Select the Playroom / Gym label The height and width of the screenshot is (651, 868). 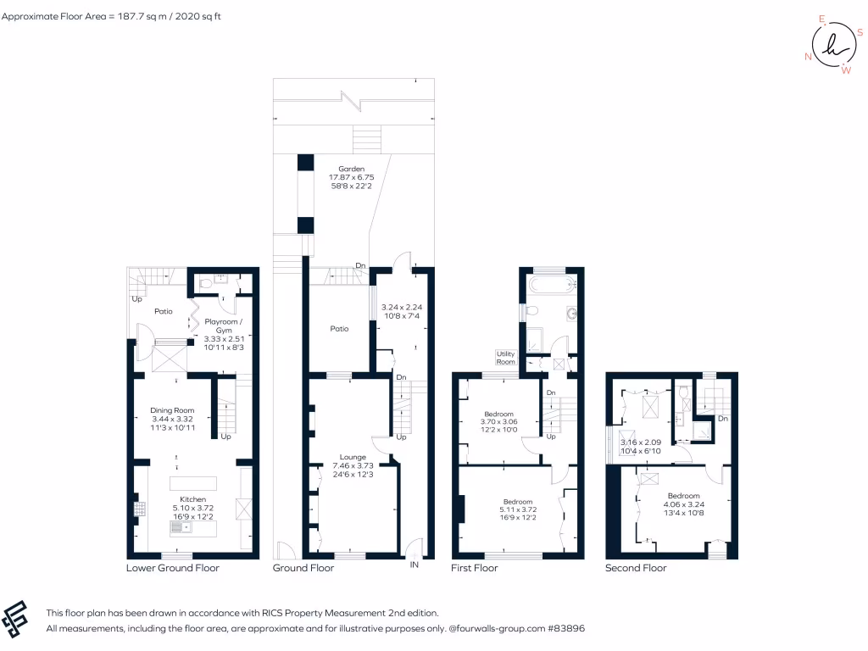(x=224, y=325)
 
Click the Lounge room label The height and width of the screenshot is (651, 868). (x=352, y=457)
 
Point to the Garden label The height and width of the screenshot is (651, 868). (x=351, y=169)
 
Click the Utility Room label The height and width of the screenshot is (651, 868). (x=506, y=359)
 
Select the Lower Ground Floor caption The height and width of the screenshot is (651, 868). (x=172, y=568)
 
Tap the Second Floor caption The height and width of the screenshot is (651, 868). (x=636, y=568)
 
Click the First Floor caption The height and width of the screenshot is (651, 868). (x=475, y=568)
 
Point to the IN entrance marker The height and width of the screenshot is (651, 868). (x=415, y=565)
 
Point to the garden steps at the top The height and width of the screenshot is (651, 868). (x=366, y=136)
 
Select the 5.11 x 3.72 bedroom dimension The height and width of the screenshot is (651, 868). (x=517, y=509)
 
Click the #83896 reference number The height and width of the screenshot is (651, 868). (x=565, y=629)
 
